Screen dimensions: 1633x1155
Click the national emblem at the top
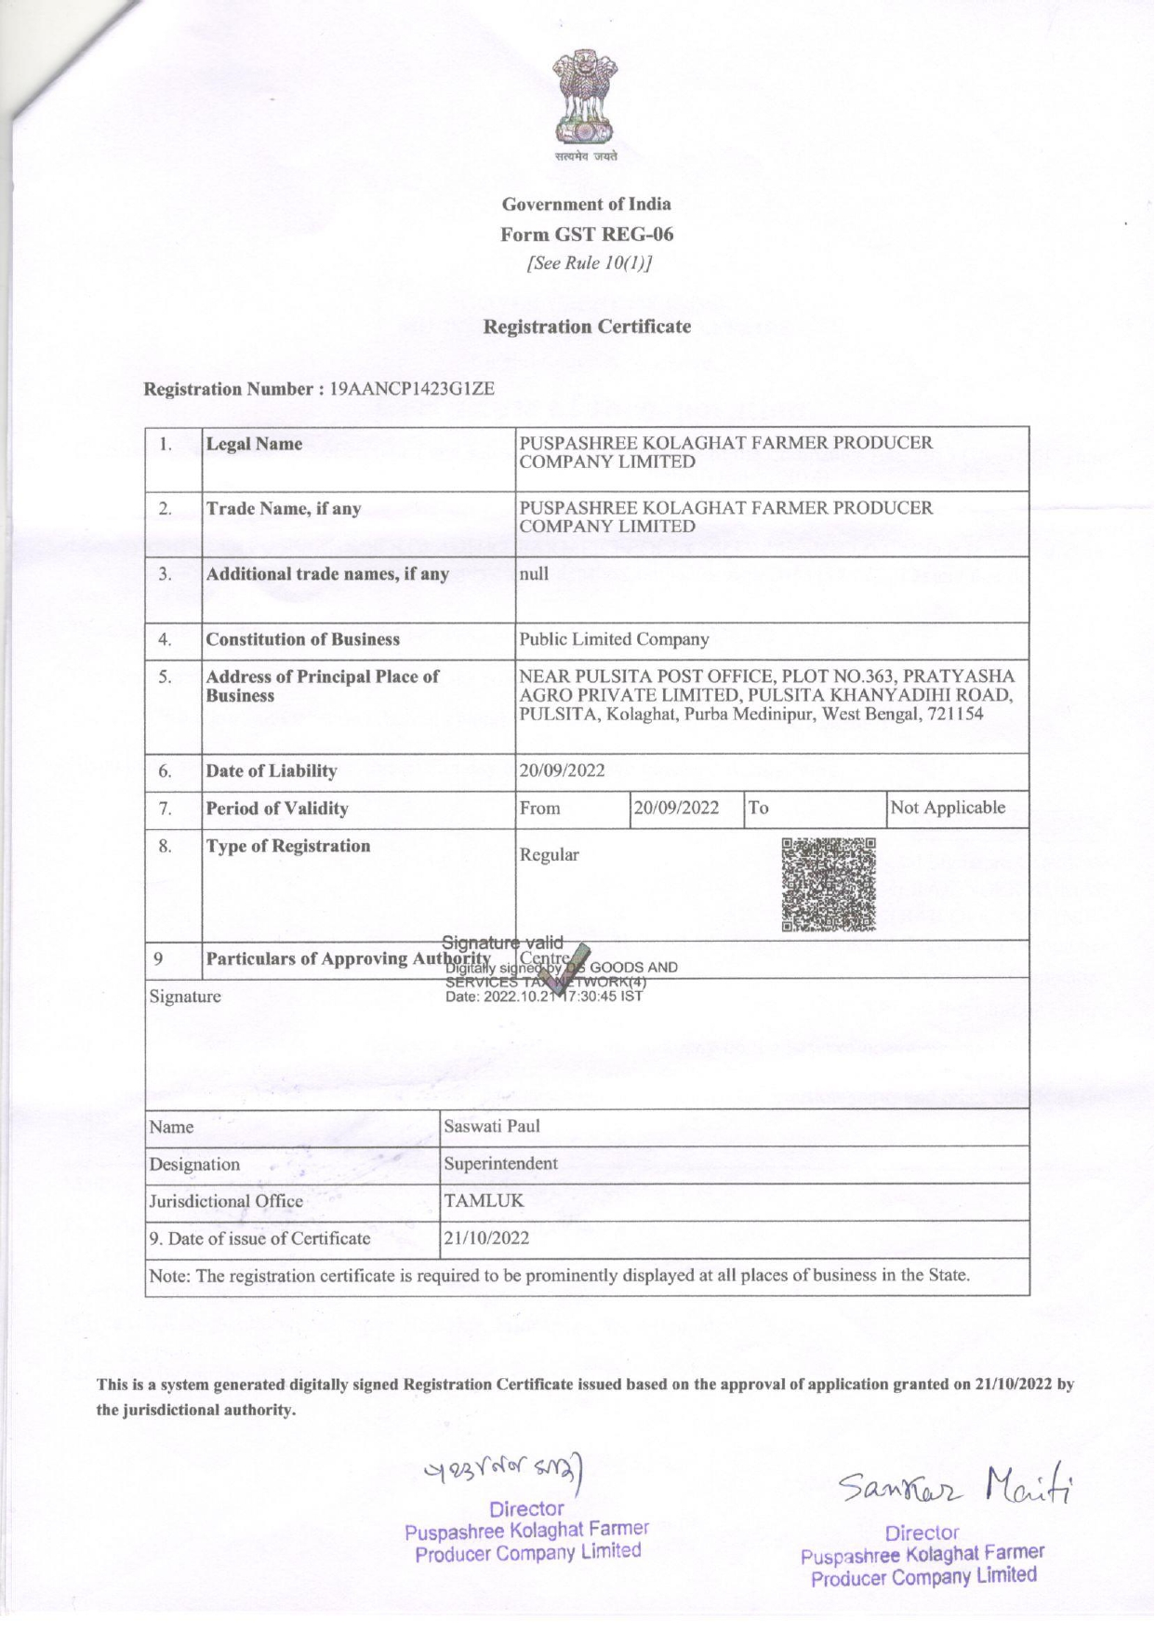[x=586, y=98]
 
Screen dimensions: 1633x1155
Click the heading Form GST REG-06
[x=587, y=234]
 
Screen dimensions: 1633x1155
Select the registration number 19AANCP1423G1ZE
[x=412, y=389]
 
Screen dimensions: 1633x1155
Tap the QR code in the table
[x=829, y=885]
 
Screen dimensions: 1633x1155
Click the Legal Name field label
[x=254, y=444]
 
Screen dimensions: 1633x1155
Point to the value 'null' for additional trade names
[x=534, y=573]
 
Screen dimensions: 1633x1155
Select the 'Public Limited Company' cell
[x=614, y=639]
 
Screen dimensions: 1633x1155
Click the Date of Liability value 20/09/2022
[x=562, y=770]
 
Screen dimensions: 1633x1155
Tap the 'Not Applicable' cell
[x=948, y=808]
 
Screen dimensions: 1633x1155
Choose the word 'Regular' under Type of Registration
[x=549, y=854]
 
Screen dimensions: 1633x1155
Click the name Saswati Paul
[x=491, y=1127]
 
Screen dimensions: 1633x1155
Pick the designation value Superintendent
[x=500, y=1164]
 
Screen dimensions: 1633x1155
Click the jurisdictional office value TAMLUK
[x=484, y=1201]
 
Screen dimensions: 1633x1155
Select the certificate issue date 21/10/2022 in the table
[x=486, y=1238]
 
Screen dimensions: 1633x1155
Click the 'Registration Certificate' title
[x=587, y=327]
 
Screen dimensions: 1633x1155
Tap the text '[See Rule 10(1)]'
[x=589, y=263]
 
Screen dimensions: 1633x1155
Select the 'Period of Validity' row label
[x=277, y=809]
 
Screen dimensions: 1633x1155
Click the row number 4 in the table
[x=165, y=639]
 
